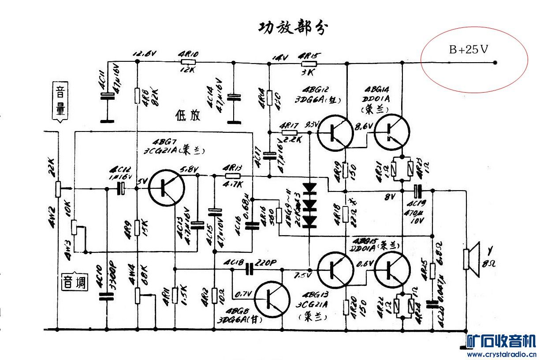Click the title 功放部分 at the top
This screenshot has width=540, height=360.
tap(293, 28)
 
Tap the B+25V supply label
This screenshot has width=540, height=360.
tap(469, 49)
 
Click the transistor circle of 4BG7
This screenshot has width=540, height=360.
tap(166, 188)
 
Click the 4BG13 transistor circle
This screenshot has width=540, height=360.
tap(335, 269)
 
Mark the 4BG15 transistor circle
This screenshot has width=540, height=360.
tap(392, 269)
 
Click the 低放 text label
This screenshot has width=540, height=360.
tap(188, 116)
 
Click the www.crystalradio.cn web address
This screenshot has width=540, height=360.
tap(501, 354)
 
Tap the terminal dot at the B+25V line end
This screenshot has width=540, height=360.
tap(495, 63)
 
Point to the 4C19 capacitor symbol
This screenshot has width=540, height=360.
tap(418, 191)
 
